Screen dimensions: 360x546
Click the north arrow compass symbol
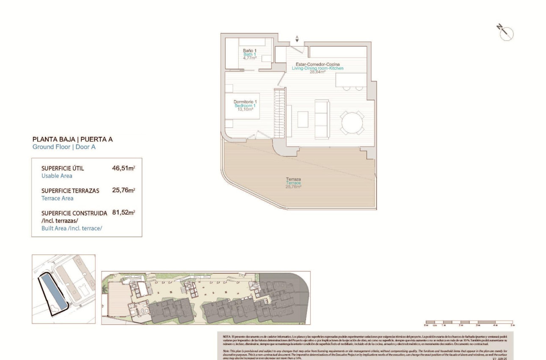(505, 33)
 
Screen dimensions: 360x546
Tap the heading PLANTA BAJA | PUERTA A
(72, 139)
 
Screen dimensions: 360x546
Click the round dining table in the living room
(352, 122)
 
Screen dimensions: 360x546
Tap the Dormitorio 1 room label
(245, 102)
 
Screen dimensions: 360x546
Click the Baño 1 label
(250, 50)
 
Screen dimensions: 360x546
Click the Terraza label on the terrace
(293, 179)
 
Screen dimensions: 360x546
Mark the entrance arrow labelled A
(297, 39)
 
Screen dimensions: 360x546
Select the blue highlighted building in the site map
(53, 291)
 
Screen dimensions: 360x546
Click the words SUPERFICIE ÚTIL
(63, 168)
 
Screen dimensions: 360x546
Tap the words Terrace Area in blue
(57, 198)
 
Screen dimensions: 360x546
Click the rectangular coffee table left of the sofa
(303, 119)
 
